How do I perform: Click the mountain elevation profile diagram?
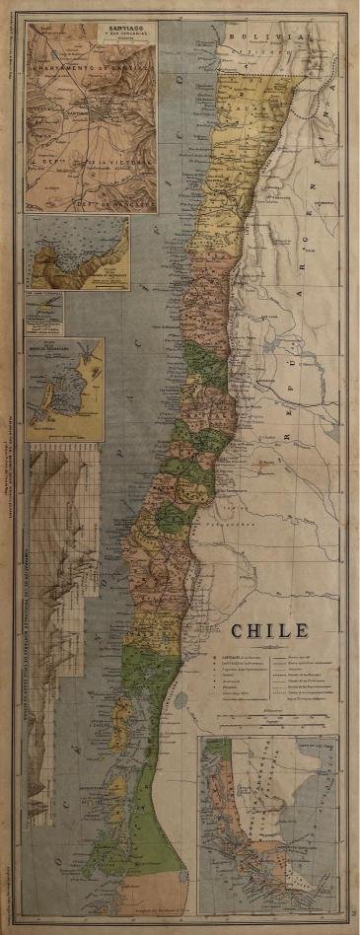tap(64, 533)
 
